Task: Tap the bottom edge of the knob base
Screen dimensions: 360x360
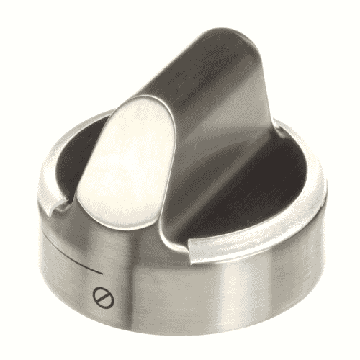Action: (x=180, y=333)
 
